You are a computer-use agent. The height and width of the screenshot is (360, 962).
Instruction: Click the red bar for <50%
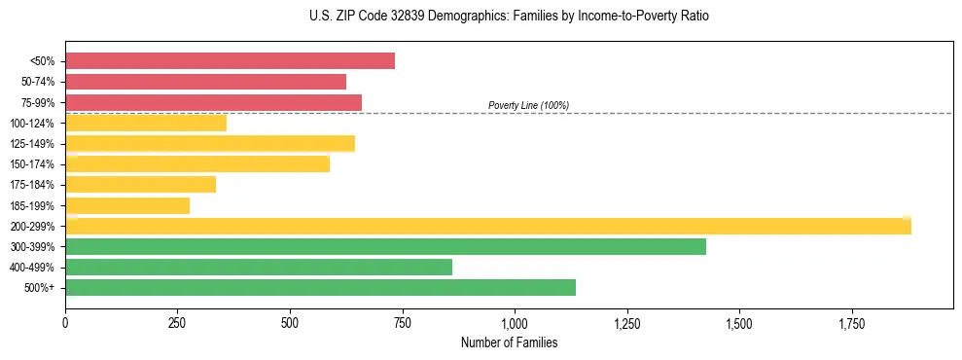[230, 61]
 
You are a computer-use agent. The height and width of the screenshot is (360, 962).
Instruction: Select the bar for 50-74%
[205, 82]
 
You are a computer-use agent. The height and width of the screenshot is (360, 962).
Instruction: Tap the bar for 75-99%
[213, 102]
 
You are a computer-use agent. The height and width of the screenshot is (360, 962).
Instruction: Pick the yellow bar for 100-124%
[146, 123]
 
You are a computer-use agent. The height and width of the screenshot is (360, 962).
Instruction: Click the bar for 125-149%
[210, 143]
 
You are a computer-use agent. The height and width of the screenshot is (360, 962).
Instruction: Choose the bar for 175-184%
[140, 184]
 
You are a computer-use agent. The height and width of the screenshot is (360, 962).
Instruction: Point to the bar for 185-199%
[127, 205]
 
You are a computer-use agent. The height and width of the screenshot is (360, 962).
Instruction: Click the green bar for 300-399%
[385, 246]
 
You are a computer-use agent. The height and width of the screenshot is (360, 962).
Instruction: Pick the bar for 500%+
[320, 287]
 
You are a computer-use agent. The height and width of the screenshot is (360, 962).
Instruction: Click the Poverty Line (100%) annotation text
[528, 105]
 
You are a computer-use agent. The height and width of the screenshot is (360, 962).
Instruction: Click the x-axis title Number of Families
[509, 343]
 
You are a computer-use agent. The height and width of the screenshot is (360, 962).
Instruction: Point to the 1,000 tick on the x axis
[515, 322]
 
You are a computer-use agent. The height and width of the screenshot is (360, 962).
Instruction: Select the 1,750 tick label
[851, 322]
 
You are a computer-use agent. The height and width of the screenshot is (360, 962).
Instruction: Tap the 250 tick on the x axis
[177, 322]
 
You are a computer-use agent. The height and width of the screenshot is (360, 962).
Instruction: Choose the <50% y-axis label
[44, 61]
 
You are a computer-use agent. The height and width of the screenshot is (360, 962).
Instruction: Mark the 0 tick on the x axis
[65, 322]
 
